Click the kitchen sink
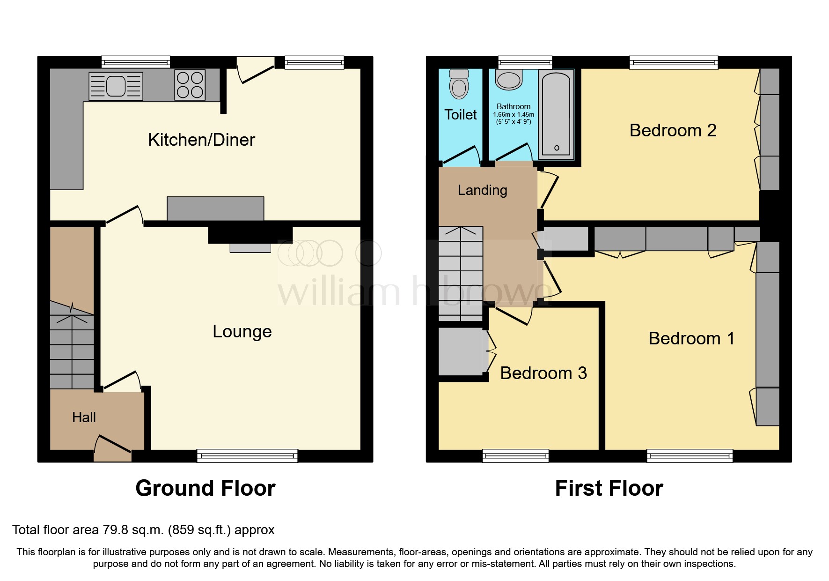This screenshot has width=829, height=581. (116, 86)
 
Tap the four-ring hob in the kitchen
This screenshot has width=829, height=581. (190, 85)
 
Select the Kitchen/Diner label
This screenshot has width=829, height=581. (201, 140)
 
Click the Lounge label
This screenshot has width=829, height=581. (242, 331)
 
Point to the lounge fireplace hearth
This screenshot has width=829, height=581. (250, 248)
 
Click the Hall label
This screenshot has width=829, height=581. (84, 417)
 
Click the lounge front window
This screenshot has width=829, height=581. (247, 455)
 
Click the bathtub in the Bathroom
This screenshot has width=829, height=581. (556, 115)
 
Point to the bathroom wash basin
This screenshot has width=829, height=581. (509, 80)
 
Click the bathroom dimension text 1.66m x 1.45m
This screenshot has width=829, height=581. (514, 115)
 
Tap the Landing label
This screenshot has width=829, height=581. (482, 190)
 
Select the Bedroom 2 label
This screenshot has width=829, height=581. (673, 130)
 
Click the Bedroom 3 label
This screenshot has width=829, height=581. (543, 373)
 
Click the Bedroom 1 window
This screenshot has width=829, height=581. (690, 455)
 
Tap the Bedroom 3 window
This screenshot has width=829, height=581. (515, 455)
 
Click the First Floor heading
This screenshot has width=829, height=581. (609, 488)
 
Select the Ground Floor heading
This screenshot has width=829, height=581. (205, 488)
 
